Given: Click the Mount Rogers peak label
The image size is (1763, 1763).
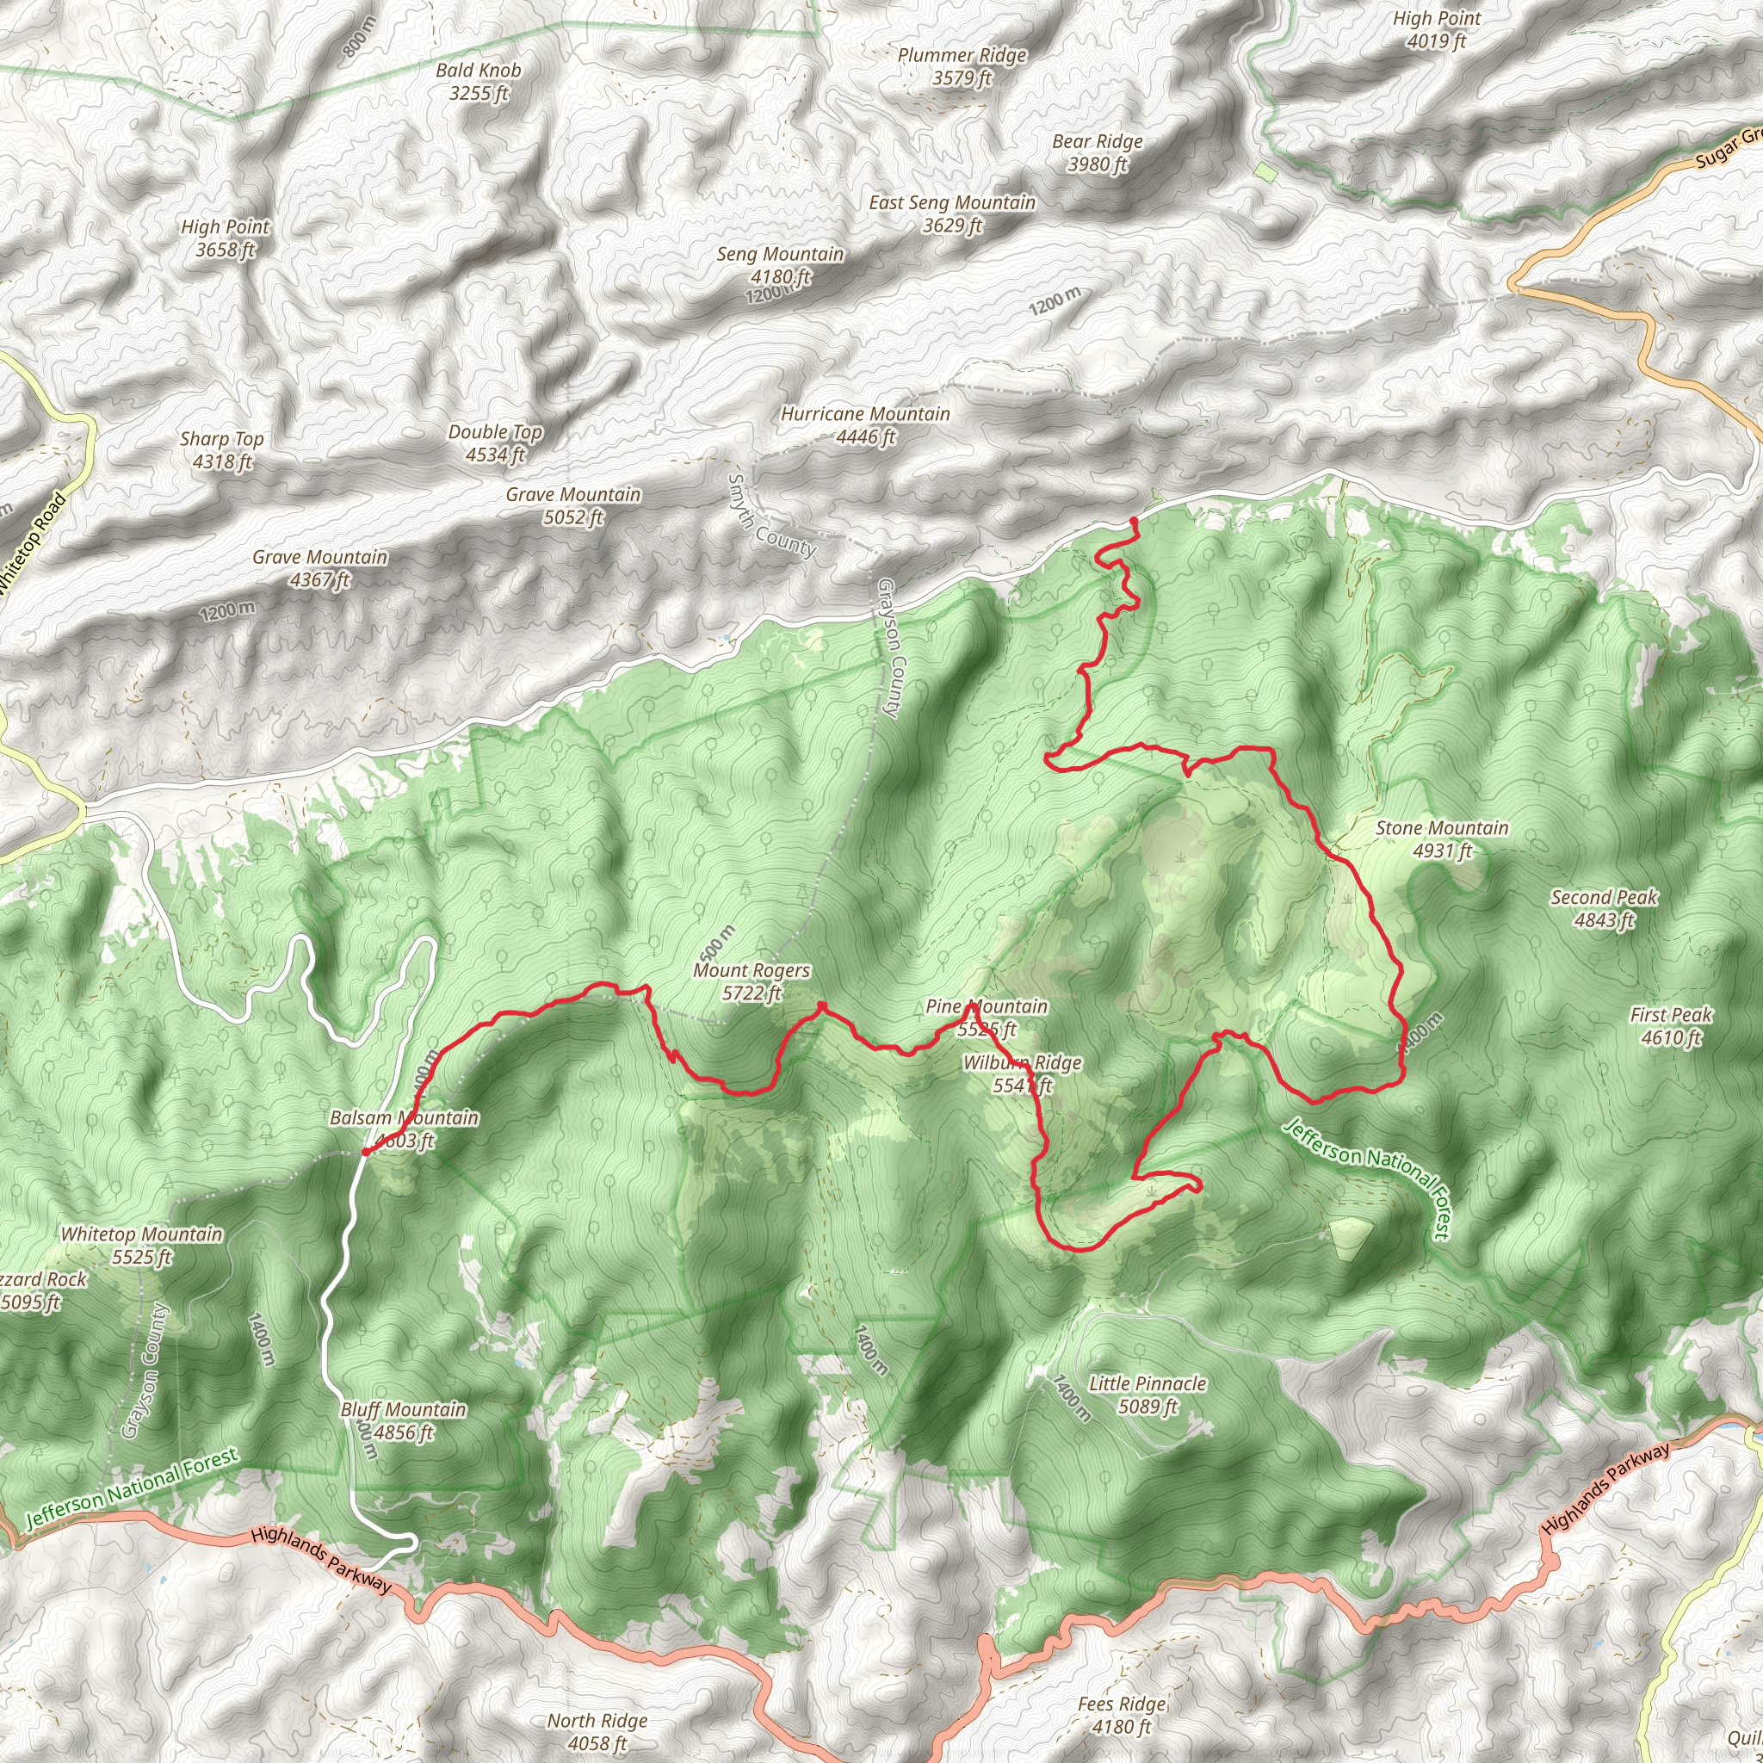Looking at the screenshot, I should click(751, 981).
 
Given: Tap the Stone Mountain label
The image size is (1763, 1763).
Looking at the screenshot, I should click(1442, 839).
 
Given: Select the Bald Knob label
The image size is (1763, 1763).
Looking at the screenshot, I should click(478, 81).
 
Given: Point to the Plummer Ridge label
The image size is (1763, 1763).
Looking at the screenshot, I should click(962, 66).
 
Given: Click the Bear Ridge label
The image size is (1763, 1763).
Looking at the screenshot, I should click(1097, 152).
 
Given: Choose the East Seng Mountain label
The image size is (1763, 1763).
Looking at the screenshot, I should click(952, 213).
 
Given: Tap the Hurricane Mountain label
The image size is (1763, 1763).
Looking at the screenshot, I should click(865, 425).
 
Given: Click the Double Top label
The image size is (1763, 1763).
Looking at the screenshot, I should click(495, 442).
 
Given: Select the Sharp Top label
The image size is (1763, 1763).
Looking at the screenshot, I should click(222, 450).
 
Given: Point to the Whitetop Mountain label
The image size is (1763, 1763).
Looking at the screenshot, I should click(141, 1245).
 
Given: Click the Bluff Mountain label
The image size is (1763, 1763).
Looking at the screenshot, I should click(404, 1420).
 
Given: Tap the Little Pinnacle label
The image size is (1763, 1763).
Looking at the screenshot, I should click(1148, 1395).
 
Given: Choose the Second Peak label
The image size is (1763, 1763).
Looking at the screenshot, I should click(1605, 908).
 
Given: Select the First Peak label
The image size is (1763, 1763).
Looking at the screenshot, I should click(1671, 1025).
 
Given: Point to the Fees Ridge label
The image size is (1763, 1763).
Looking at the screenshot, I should click(1122, 1715).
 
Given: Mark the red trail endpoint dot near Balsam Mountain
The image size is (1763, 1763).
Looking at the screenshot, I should click(365, 1152).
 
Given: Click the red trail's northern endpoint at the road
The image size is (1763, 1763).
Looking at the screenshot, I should click(1134, 520).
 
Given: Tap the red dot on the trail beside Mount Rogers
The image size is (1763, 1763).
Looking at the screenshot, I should click(821, 1005).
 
